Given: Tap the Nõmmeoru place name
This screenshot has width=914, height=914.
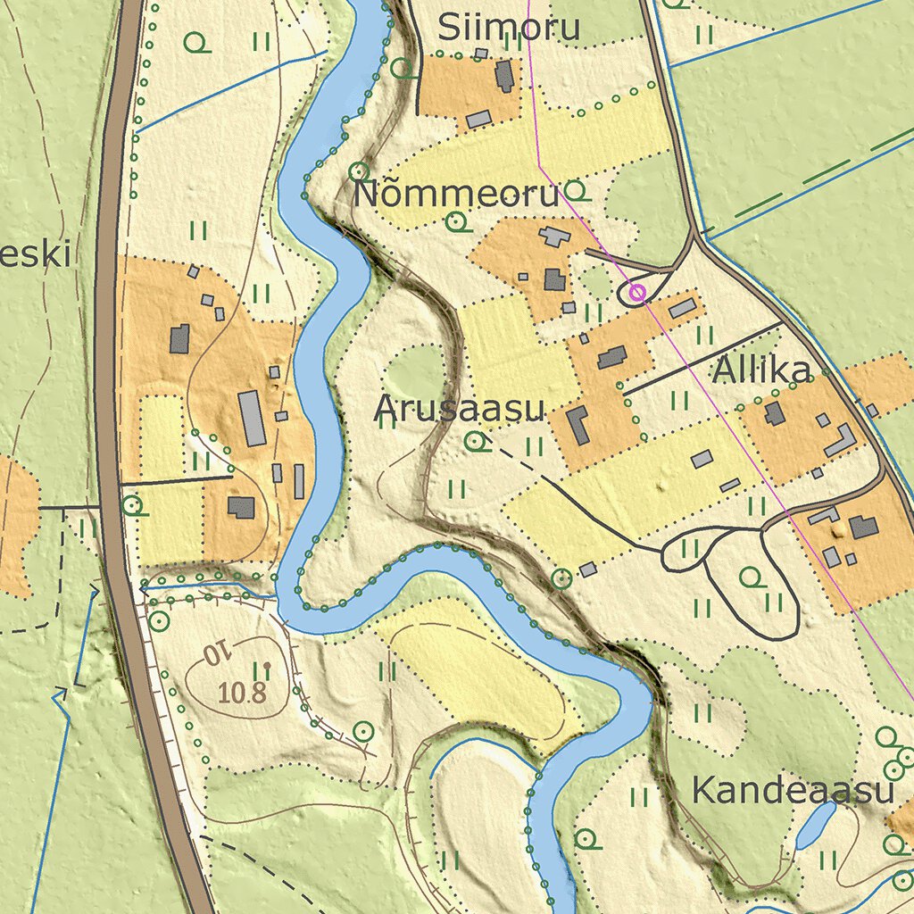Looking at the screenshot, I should tap(455, 194).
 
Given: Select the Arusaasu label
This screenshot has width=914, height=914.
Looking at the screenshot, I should tap(459, 408).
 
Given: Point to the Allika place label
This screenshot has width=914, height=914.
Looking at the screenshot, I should tap(761, 371).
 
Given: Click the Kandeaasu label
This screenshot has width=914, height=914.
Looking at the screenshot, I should tap(793, 790).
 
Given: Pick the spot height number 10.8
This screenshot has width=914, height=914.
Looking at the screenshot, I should tap(242, 692).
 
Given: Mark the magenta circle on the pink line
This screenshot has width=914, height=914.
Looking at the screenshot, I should tap(636, 291).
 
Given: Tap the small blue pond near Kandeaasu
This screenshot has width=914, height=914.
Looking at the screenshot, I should tap(816, 824).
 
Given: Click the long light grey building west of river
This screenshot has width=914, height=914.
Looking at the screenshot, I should tap(253, 417).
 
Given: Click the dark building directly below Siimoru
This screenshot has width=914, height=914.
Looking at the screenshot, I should tap(504, 76).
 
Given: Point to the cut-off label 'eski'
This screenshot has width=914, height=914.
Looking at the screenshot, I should tap(36, 254).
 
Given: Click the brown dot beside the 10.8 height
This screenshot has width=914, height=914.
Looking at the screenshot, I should tap(266, 666).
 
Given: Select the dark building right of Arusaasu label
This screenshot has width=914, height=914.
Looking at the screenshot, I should tap(577, 424).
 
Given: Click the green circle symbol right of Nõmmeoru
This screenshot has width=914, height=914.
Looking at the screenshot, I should tap(576, 190).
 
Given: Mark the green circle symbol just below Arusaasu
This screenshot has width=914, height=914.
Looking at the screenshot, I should tap(477, 440).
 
